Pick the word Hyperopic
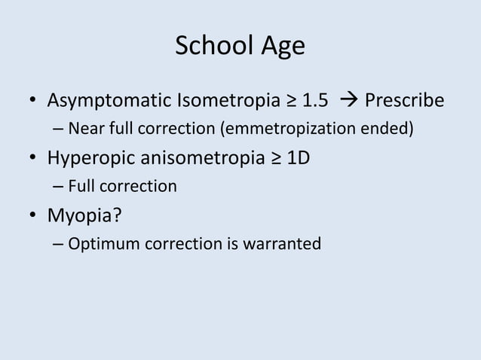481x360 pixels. pos(85,159)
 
